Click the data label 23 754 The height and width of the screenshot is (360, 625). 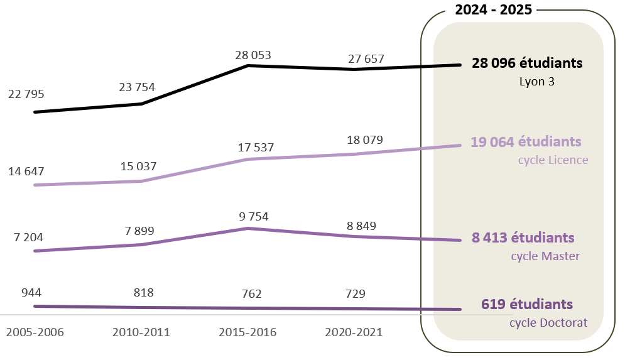pos(136,87)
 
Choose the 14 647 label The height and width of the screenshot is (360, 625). pos(26,171)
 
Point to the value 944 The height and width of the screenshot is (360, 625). pos(31,293)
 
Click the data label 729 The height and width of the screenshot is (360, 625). pos(355,293)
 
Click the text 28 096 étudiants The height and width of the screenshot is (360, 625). pos(527,63)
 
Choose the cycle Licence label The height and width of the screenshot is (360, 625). pos(553,160)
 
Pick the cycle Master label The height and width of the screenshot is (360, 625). pos(545,256)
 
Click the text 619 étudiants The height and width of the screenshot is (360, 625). pos(527,304)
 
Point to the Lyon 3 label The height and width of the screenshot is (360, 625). pos(536,82)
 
